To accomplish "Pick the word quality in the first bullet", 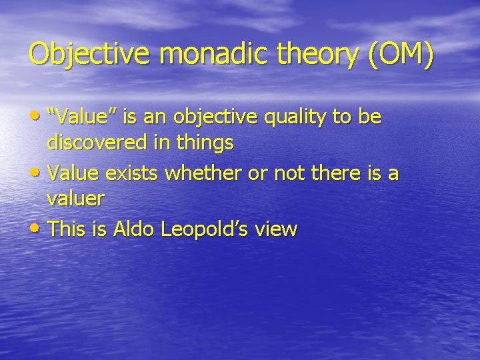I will click(x=283, y=117).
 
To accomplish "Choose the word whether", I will click(x=203, y=173).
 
